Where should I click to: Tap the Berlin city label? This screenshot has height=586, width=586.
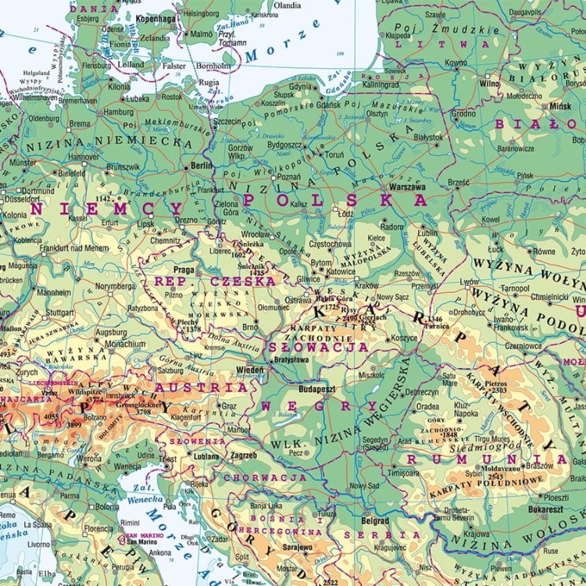201,167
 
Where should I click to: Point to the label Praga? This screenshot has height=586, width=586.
184,270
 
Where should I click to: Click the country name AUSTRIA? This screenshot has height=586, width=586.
202,388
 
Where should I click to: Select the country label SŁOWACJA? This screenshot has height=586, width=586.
318,346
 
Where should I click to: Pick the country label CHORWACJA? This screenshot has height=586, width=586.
265,477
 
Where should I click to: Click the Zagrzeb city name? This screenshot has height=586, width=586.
245,456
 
